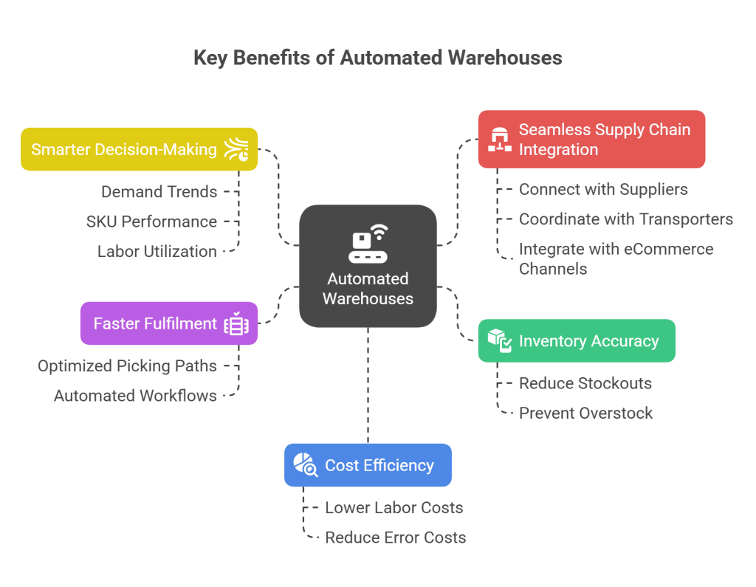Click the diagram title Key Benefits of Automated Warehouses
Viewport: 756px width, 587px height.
coord(377,58)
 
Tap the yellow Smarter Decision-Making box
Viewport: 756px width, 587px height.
coord(139,149)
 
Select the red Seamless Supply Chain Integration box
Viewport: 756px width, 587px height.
coord(591,140)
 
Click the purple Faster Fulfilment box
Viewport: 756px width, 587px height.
coord(168,323)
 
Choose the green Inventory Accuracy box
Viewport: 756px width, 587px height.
coord(577,341)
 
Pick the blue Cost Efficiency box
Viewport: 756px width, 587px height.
coord(368,465)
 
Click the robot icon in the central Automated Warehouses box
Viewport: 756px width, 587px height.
coord(368,244)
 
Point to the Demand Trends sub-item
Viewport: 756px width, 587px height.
coord(159,192)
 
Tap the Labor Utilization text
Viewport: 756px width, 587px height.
coord(157,252)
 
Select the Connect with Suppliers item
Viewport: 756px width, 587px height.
coord(603,190)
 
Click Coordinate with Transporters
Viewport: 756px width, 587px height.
coord(625,219)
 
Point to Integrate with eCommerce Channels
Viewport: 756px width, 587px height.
coord(616,259)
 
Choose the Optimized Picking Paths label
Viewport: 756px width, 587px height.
coord(127,366)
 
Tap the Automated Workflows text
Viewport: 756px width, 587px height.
coord(135,396)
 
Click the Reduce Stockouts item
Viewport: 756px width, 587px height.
coord(585,383)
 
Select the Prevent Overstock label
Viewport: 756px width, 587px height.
coord(585,413)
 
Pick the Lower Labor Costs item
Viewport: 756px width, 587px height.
coord(394,508)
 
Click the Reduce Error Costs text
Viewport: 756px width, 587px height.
coord(395,538)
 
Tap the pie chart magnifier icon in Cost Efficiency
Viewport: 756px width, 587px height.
coord(306,465)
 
